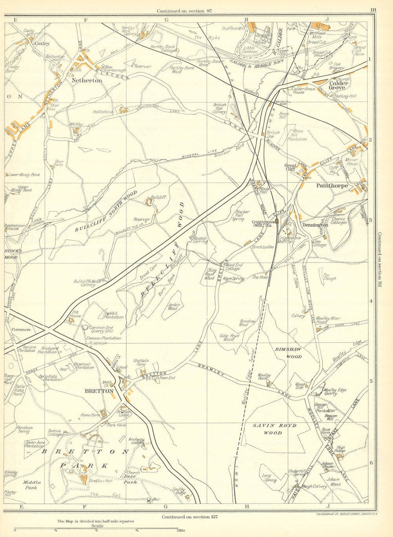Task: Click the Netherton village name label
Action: pos(86,80)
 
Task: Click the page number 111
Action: pos(373,10)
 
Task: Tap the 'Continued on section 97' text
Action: pos(184,11)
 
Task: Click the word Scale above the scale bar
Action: pos(97,526)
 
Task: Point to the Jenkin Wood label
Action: pos(172,306)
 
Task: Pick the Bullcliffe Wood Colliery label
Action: pos(87,283)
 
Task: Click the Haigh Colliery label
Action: pos(314,486)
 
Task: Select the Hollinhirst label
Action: pos(103,112)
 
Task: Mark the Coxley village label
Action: pos(42,44)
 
